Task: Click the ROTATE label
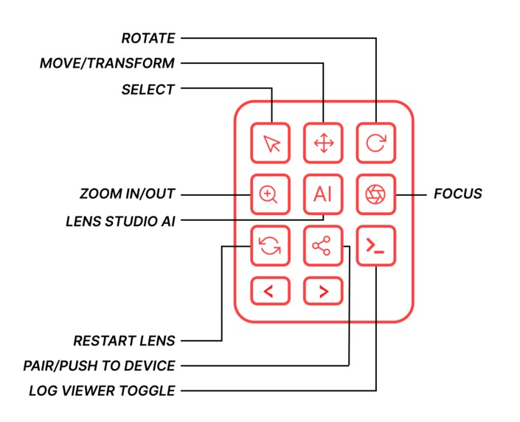148,38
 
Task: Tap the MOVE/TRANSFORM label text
107,63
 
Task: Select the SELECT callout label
148,90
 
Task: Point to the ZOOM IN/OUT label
127,194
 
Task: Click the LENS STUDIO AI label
120,220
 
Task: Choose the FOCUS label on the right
457,194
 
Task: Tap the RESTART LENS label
124,341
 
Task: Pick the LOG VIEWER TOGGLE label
102,390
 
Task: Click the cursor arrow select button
270,143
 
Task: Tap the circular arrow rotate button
375,143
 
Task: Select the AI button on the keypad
323,194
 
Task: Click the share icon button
323,246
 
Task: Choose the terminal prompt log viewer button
375,246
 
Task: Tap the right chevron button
323,291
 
